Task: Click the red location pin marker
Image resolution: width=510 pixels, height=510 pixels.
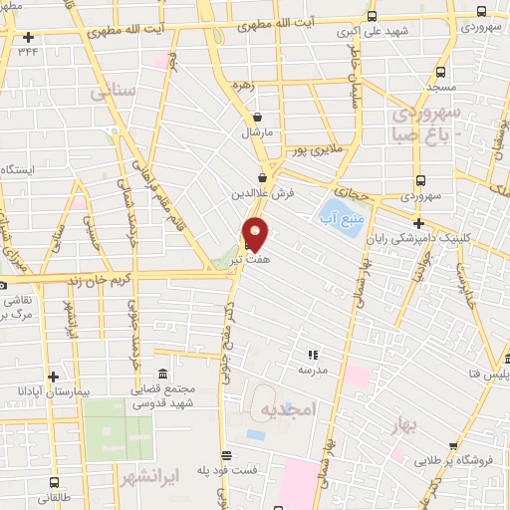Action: click(256, 233)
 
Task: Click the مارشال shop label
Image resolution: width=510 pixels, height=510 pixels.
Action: click(256, 130)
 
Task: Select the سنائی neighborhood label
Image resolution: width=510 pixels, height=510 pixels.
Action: click(111, 93)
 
